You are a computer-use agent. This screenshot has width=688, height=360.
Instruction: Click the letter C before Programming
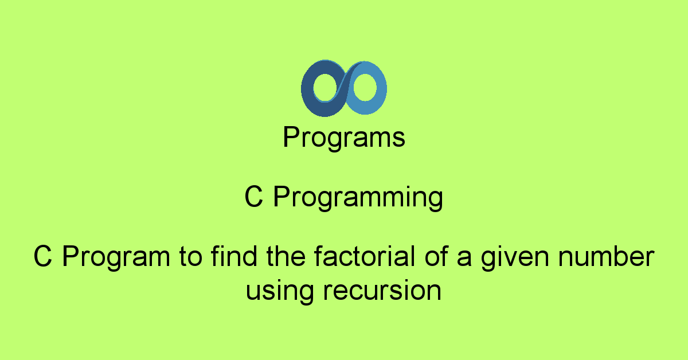(x=254, y=198)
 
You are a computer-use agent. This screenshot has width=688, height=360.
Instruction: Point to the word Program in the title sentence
(x=112, y=257)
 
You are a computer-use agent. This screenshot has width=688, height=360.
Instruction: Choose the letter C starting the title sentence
(x=44, y=256)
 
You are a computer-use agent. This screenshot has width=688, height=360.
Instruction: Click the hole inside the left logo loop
(x=326, y=88)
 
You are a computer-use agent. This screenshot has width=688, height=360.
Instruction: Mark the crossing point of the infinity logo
(x=344, y=88)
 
